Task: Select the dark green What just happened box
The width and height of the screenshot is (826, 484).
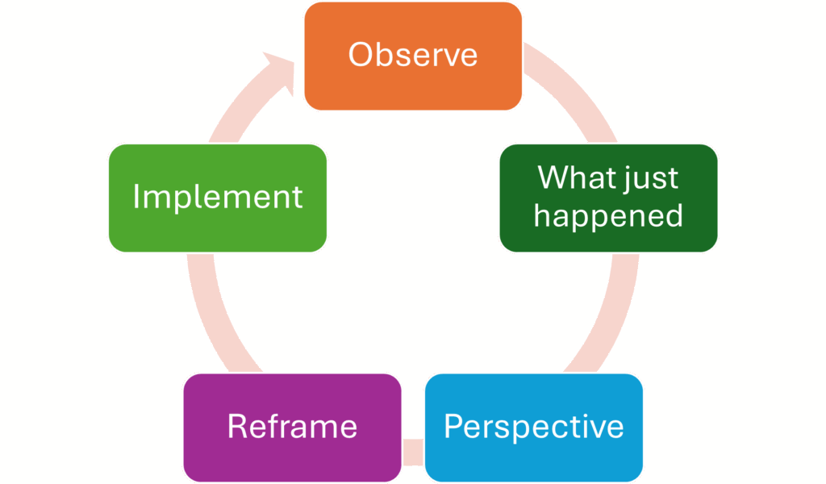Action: click(608, 198)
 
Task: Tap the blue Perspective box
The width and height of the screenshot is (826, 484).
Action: click(533, 427)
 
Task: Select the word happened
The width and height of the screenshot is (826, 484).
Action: click(608, 216)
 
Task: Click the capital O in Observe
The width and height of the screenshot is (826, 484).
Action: click(361, 55)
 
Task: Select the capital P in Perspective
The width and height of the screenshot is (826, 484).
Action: click(453, 426)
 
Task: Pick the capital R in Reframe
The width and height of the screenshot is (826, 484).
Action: click(236, 426)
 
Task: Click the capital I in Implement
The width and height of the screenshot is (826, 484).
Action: click(136, 197)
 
